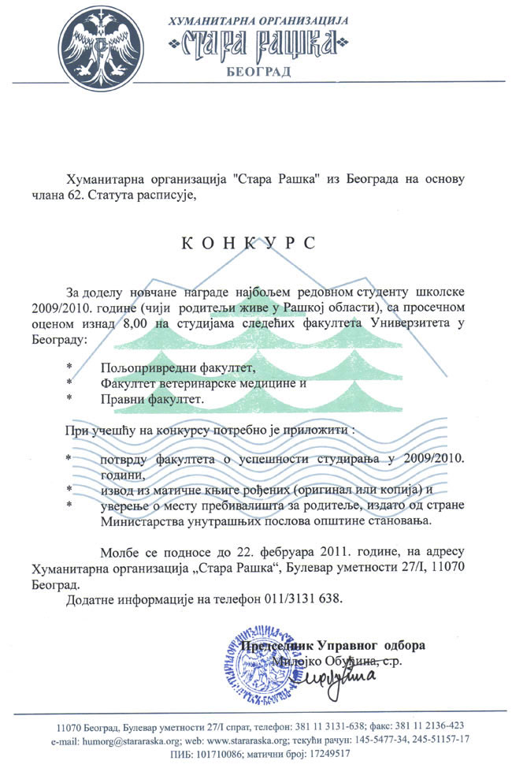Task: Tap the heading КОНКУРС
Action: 248,243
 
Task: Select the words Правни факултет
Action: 151,400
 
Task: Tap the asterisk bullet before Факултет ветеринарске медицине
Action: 69,383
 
